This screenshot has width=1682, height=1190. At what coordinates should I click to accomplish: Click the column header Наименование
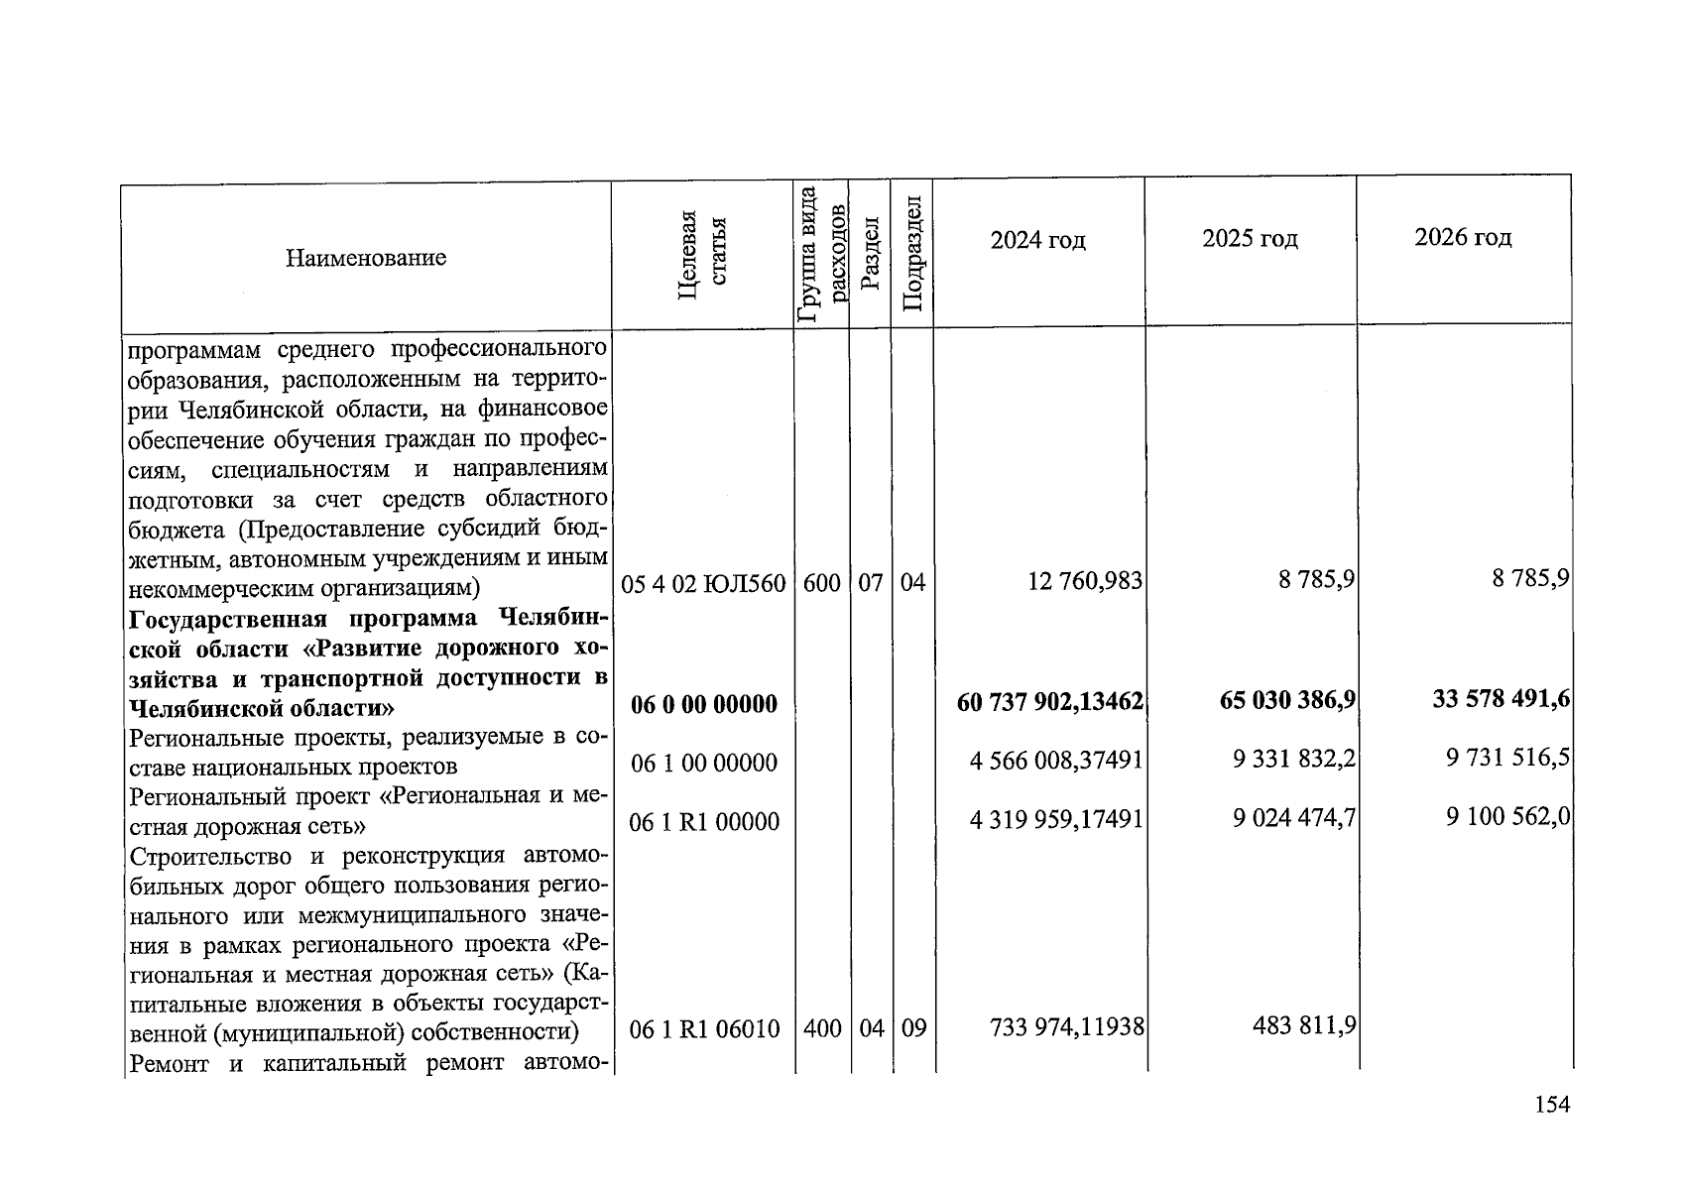[366, 259]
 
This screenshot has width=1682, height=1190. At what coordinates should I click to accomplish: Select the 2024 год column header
[1037, 241]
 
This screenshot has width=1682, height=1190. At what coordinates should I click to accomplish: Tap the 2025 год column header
[1250, 239]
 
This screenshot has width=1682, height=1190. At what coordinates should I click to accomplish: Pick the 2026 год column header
[1463, 237]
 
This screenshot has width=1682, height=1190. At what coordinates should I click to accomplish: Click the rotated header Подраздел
[912, 254]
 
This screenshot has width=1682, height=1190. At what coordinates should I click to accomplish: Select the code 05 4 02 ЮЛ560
[703, 583]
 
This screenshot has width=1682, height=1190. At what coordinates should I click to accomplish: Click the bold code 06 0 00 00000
[704, 705]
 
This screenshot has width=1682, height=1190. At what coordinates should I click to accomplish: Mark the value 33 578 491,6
[1501, 699]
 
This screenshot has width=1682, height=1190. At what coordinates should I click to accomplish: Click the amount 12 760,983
[1085, 581]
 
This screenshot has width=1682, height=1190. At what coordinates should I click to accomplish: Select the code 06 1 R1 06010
[705, 1029]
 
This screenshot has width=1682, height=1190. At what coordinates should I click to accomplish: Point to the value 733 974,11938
[1066, 1027]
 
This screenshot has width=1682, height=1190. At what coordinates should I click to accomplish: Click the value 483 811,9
[1305, 1025]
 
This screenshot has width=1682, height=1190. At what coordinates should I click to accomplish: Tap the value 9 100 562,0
[1507, 816]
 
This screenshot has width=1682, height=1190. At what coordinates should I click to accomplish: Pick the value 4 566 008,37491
[1056, 762]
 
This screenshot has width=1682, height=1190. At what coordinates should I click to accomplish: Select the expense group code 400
[822, 1029]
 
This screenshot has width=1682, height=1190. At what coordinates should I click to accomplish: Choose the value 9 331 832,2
[1294, 760]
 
